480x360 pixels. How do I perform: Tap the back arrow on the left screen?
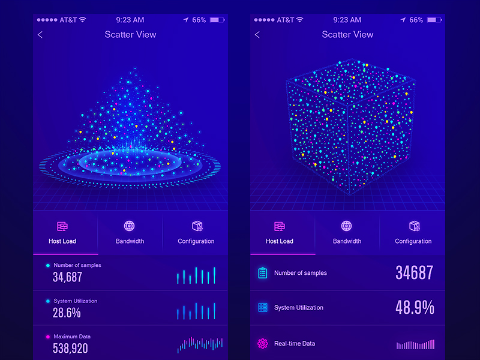[40, 35]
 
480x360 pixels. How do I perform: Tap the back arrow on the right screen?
[257, 35]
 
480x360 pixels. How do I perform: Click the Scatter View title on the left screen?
[130, 34]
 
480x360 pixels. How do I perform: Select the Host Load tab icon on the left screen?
[62, 226]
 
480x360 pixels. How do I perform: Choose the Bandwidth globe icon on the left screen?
[129, 226]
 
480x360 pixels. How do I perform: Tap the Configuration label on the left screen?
[196, 241]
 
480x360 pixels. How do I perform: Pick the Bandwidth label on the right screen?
[347, 241]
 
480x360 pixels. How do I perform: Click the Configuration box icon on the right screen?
[414, 226]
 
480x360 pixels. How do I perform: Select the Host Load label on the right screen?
[280, 241]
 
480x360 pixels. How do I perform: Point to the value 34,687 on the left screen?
[67, 277]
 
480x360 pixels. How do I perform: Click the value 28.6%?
[67, 313]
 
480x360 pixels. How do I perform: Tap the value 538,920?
[70, 348]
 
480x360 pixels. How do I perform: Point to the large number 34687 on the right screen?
[414, 273]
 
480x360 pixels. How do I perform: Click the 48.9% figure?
[415, 308]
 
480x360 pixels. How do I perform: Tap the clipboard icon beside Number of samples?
[262, 273]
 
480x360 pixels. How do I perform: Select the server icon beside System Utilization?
[262, 308]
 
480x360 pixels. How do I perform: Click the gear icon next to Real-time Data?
[262, 344]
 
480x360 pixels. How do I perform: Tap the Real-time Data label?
[295, 344]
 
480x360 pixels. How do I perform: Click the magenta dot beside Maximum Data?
[48, 337]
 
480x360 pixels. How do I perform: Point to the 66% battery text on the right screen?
[416, 20]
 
